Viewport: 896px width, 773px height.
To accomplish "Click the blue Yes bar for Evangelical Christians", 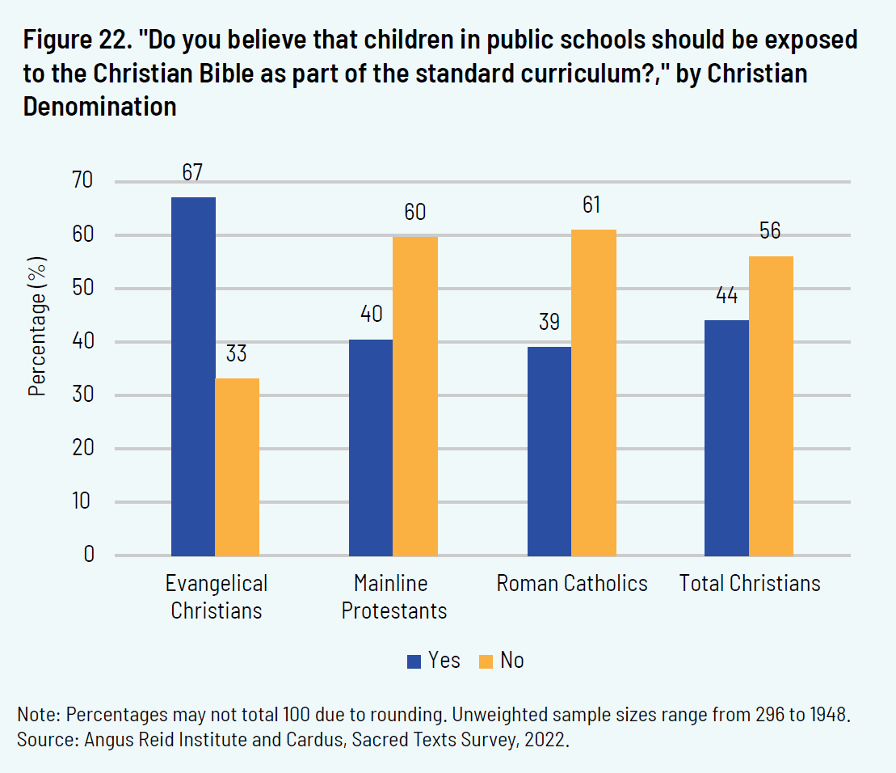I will pos(193,376).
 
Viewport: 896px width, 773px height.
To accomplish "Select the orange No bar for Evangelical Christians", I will pos(238,467).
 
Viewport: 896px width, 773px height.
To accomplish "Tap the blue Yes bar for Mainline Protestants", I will pos(371,447).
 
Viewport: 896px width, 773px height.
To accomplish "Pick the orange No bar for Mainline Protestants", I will pos(415,396).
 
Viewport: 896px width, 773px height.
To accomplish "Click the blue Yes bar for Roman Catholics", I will pos(549,450).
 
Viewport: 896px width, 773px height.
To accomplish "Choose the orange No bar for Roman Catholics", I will pos(593,393).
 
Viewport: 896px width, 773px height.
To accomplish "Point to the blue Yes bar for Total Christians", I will pos(726,437).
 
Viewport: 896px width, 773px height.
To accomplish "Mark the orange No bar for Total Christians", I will pos(771,406).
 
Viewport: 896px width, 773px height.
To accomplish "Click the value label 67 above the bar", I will pos(192,173).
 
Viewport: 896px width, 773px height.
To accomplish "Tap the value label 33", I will pos(238,354).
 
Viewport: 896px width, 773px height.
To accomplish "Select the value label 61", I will pos(592,205).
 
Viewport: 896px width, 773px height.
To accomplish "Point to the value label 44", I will pos(726,296).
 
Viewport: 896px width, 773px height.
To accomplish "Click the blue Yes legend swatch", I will pos(414,661).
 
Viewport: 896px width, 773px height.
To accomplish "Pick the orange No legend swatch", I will pos(486,661).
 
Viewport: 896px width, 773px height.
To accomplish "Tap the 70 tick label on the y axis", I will pos(83,181).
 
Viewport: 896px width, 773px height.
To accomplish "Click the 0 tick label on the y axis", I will pos(89,555).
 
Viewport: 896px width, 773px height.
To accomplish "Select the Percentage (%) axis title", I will pos(38,326).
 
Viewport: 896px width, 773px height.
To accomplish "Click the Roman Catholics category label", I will pos(572,583).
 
